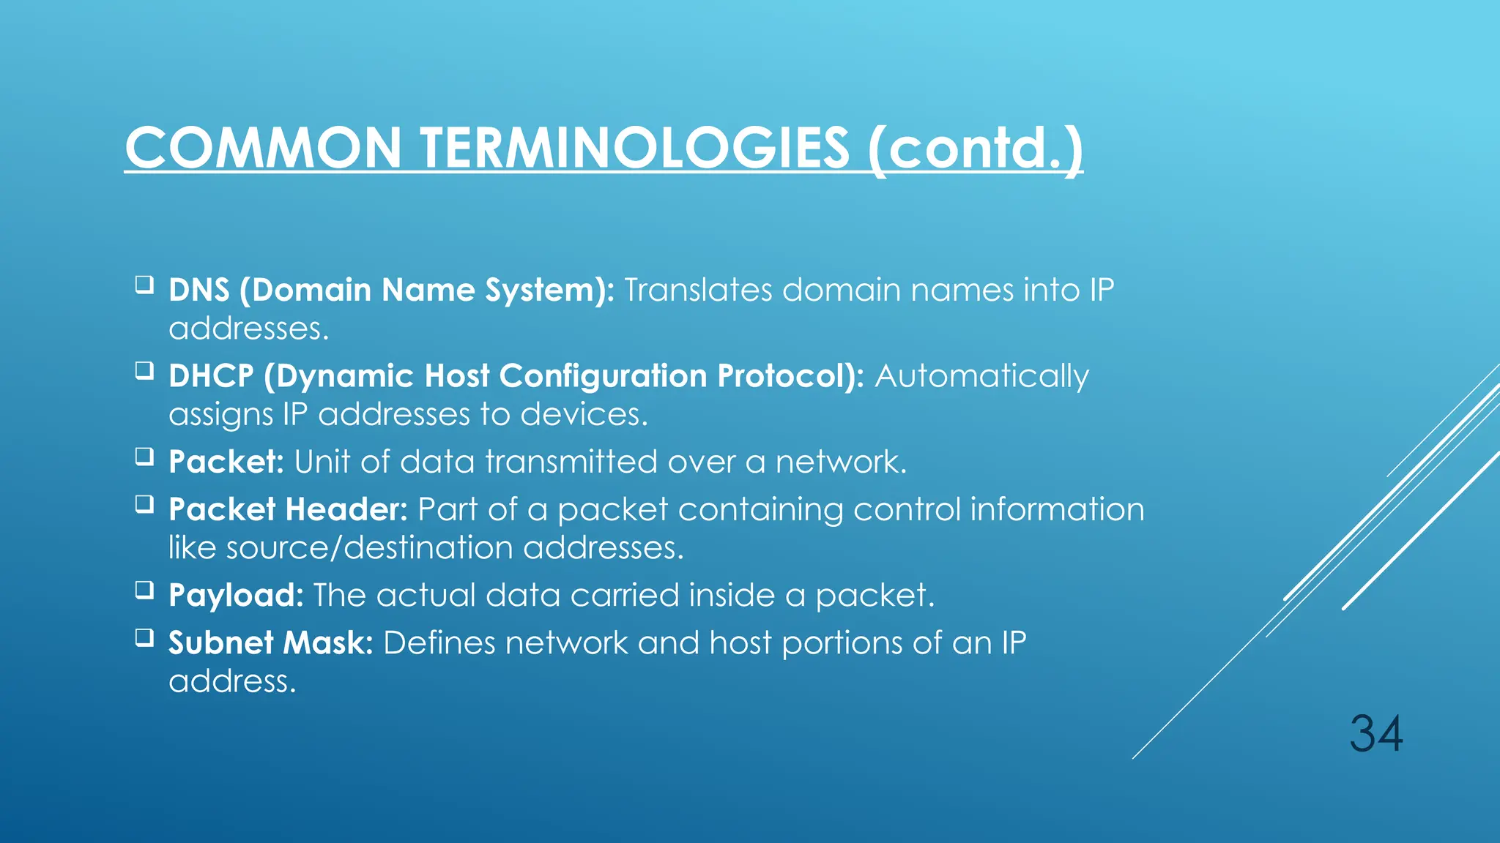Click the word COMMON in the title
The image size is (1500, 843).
263,148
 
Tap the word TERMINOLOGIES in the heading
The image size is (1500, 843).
634,148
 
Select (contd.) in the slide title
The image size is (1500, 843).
975,149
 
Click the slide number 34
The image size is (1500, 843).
1376,734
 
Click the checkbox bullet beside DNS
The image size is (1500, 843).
144,284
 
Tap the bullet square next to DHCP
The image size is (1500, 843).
144,370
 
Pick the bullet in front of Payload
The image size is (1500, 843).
144,590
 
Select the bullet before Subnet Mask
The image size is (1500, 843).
144,637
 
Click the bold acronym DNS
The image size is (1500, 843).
199,290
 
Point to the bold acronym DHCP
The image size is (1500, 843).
211,376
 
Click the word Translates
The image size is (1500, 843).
698,290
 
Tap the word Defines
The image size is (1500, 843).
439,643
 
